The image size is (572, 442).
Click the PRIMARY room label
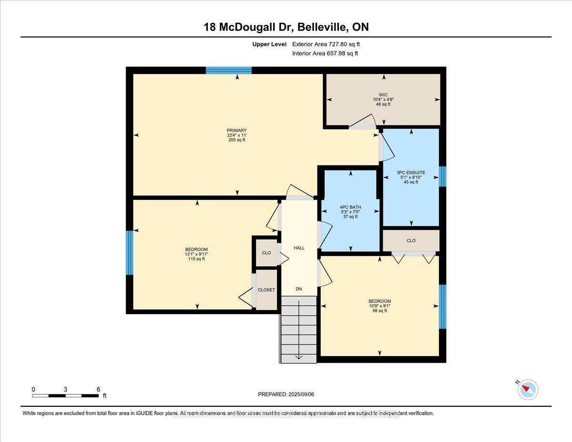point(237,130)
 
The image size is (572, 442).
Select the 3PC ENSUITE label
point(411,172)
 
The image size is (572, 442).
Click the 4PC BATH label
point(350,207)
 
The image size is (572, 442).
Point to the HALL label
point(299,248)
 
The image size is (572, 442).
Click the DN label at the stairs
point(299,289)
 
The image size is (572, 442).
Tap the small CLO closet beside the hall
point(266,253)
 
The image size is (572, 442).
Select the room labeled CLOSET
point(266,290)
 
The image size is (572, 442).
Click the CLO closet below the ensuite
point(411,241)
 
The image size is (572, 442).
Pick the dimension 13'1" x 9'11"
point(196,254)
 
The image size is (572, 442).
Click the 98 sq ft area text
point(379,311)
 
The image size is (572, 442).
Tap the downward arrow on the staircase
point(298,355)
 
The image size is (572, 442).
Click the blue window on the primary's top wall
point(229,71)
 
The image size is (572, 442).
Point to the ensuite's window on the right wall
point(442,176)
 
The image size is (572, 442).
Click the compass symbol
point(528,390)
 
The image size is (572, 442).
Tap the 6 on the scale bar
point(98,389)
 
